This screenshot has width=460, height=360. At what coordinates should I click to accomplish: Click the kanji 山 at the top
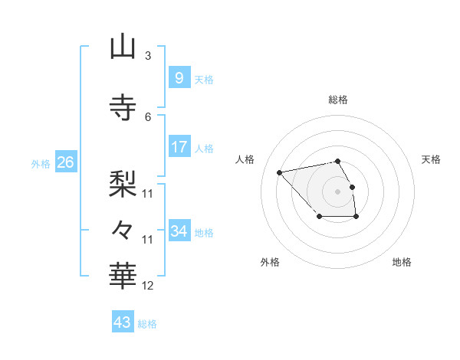pyautogui.click(x=123, y=47)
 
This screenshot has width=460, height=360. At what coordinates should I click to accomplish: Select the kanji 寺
pyautogui.click(x=123, y=107)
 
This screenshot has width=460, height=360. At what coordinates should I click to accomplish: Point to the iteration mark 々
pyautogui.click(x=123, y=229)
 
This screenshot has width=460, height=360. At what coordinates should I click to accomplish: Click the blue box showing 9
pyautogui.click(x=179, y=77)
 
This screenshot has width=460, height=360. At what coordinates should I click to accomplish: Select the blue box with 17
pyautogui.click(x=179, y=146)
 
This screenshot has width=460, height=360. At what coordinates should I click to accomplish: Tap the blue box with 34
pyautogui.click(x=179, y=231)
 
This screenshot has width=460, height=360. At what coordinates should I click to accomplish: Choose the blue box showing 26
pyautogui.click(x=65, y=162)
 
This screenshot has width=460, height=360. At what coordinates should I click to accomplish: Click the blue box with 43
pyautogui.click(x=123, y=322)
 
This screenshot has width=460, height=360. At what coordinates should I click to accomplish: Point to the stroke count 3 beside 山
pyautogui.click(x=148, y=55)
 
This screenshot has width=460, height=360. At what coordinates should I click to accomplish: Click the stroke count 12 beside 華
pyautogui.click(x=148, y=285)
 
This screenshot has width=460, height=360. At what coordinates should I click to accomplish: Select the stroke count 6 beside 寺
pyautogui.click(x=148, y=116)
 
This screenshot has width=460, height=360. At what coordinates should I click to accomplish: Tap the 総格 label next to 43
pyautogui.click(x=147, y=324)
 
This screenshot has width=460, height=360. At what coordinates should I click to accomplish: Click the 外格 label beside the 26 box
pyautogui.click(x=41, y=164)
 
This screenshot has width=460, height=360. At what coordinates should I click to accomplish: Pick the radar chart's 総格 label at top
pyautogui.click(x=337, y=100)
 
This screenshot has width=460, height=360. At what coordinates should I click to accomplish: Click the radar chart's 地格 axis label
pyautogui.click(x=402, y=262)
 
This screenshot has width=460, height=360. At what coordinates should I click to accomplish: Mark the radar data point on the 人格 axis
pyautogui.click(x=280, y=172)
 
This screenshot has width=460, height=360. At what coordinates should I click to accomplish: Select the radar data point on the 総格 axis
pyautogui.click(x=337, y=161)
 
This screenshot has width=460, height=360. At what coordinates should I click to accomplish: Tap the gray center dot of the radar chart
pyautogui.click(x=337, y=190)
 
